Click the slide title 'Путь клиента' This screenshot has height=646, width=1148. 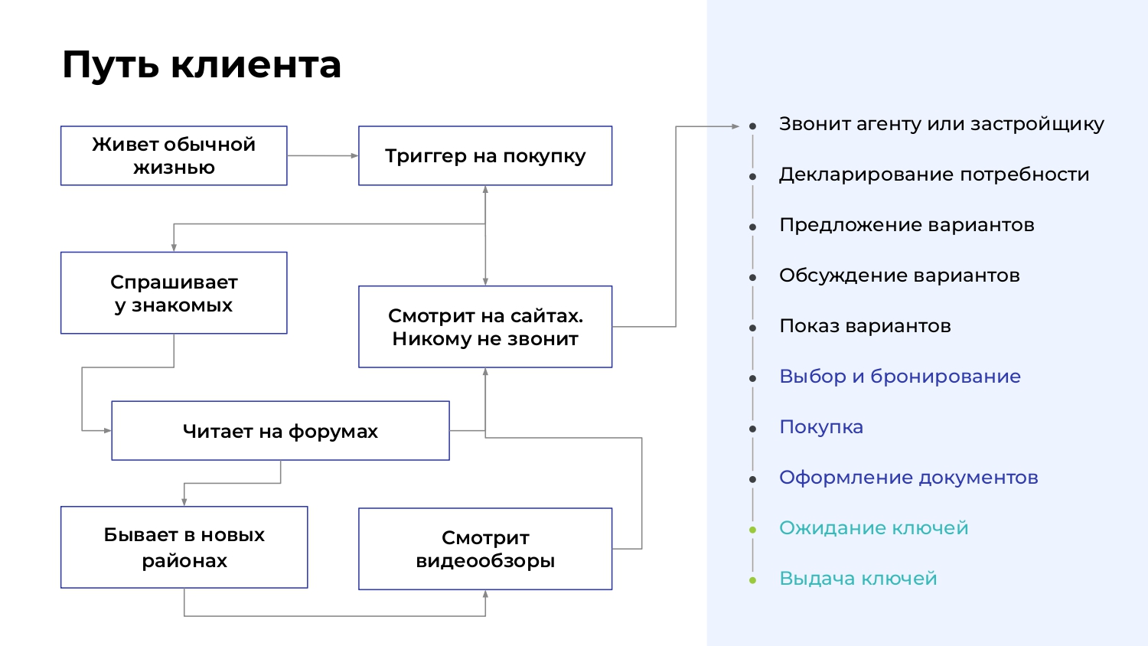tap(201, 65)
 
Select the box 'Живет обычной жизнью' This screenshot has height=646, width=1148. tap(174, 155)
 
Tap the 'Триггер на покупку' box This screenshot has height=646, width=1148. tap(484, 155)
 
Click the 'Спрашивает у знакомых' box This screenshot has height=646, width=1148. tap(174, 292)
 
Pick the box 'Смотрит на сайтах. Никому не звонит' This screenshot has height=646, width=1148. tap(484, 327)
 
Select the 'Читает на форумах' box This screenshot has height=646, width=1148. tap(280, 431)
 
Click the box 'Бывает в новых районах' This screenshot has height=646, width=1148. tap(184, 547)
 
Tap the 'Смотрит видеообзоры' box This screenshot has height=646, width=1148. tap(484, 549)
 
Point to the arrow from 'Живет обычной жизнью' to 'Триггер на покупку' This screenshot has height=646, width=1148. tap(323, 155)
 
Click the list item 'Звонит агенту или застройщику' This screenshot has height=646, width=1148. tap(941, 124)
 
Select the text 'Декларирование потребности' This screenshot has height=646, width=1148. tap(934, 175)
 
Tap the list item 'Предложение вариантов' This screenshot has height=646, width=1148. tap(907, 225)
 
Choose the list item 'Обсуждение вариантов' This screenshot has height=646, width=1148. tap(899, 276)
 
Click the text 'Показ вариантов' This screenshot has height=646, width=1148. tap(865, 326)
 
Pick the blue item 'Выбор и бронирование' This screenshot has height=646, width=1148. tap(900, 377)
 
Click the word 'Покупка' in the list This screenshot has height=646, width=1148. tap(821, 427)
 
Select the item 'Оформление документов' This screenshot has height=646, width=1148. tap(908, 478)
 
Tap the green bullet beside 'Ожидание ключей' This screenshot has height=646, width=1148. tap(752, 530)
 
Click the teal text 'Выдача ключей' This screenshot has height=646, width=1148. tap(858, 579)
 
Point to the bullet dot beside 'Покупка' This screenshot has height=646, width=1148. tap(752, 429)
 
